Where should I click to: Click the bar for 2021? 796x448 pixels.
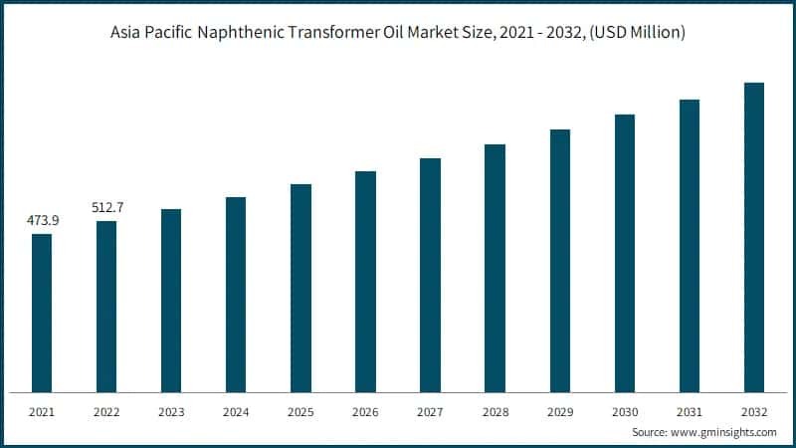(42, 313)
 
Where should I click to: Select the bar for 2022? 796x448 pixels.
(106, 306)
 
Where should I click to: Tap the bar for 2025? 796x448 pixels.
(300, 288)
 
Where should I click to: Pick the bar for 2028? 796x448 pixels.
(495, 268)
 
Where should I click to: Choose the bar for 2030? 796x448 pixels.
(625, 253)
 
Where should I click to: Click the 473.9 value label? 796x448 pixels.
(42, 220)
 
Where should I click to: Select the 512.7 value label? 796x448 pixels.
(106, 207)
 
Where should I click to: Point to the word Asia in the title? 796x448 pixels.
(127, 34)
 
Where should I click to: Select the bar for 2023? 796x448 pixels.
(171, 300)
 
